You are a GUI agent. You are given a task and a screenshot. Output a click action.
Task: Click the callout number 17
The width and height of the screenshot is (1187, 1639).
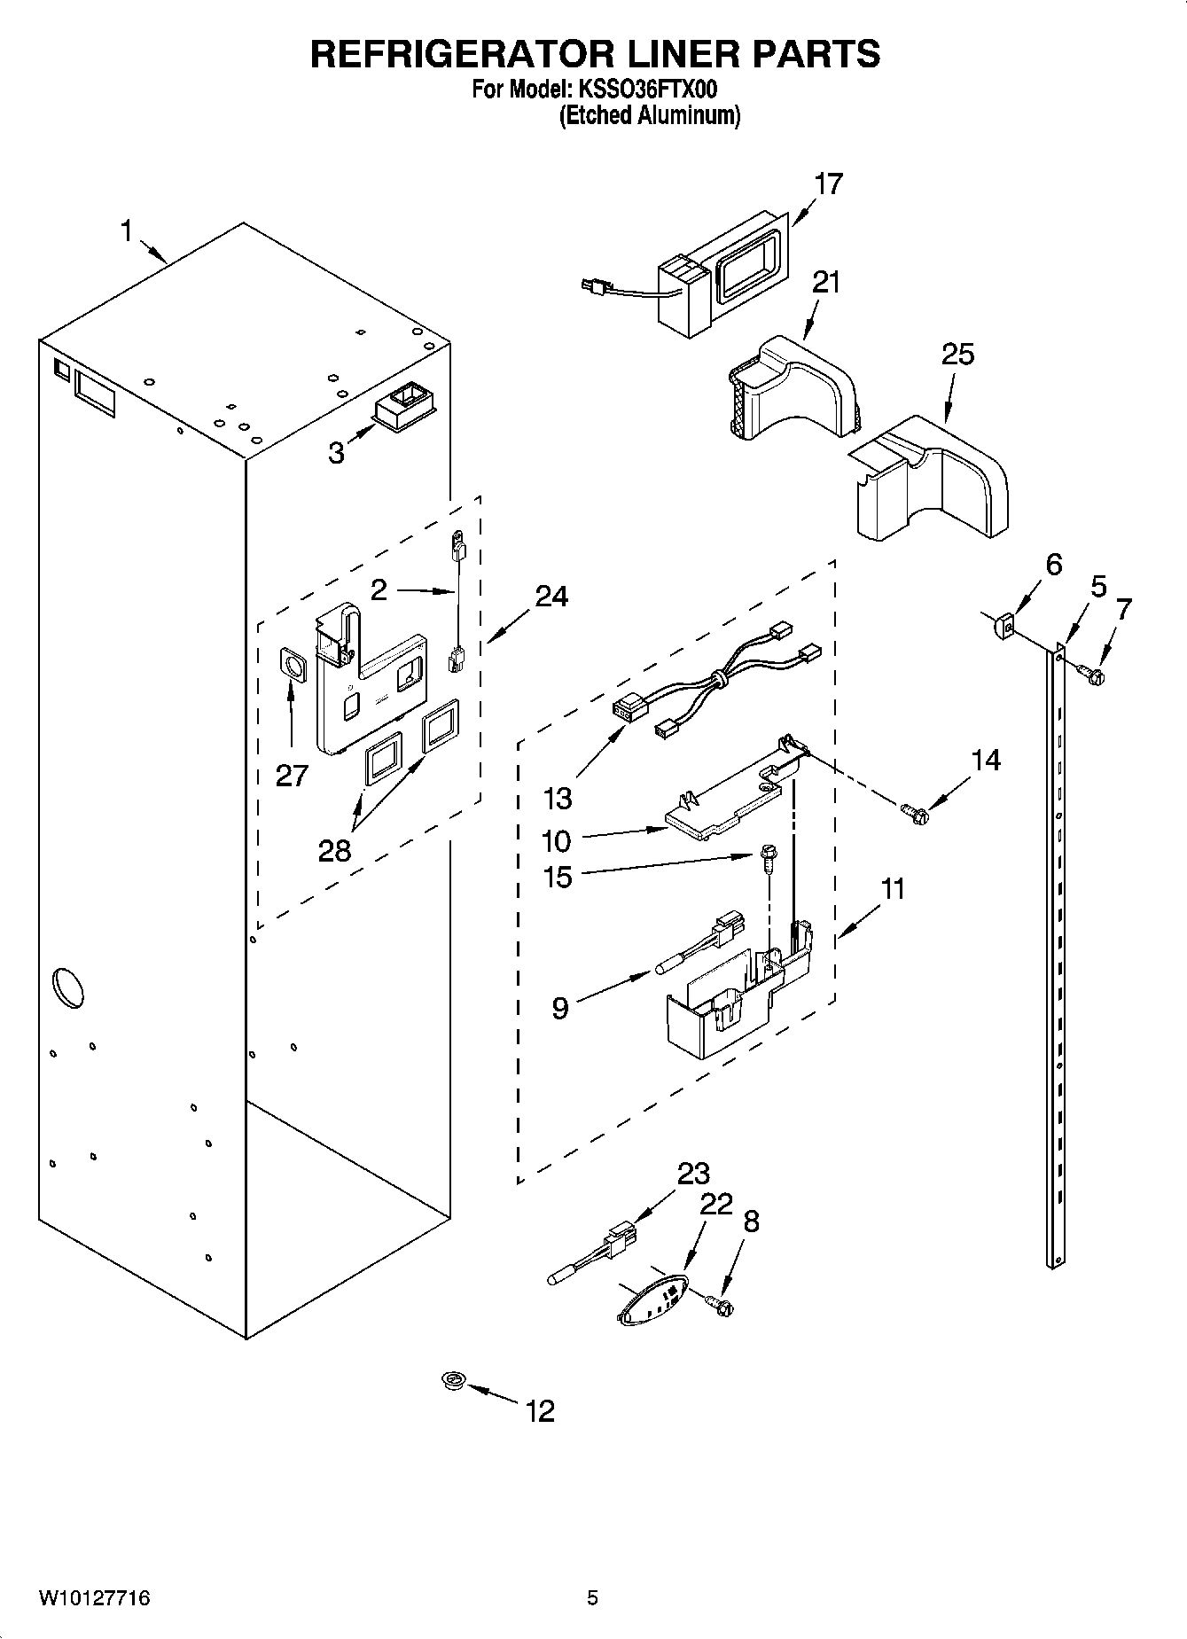828,184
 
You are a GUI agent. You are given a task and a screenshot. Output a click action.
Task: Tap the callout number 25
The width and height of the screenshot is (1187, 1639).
957,355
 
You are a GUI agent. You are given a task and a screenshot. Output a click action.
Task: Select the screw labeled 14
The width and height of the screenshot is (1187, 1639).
913,811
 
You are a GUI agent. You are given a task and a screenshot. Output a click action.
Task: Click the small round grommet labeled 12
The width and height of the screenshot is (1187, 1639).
455,1379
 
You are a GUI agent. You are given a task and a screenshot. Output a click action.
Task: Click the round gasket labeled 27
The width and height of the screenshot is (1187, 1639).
293,663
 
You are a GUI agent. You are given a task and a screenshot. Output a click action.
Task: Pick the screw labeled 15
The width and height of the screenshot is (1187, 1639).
766,857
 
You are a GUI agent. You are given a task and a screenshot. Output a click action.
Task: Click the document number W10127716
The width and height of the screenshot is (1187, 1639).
94,1599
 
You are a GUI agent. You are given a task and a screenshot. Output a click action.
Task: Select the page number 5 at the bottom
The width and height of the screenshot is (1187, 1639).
592,1599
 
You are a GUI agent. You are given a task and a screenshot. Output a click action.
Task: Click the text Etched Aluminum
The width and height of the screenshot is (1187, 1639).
649,115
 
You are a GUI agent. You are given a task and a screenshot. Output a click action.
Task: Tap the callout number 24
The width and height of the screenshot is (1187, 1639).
551,597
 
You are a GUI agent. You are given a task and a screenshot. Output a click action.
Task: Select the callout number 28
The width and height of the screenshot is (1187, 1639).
334,851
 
